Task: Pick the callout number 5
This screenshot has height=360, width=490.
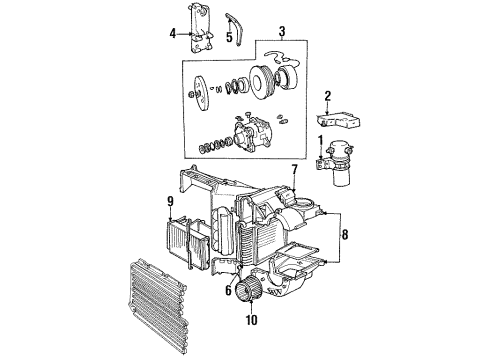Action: point(229,39)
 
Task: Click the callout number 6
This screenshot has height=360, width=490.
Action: point(228,292)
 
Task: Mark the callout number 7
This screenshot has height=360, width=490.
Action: point(294,171)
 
